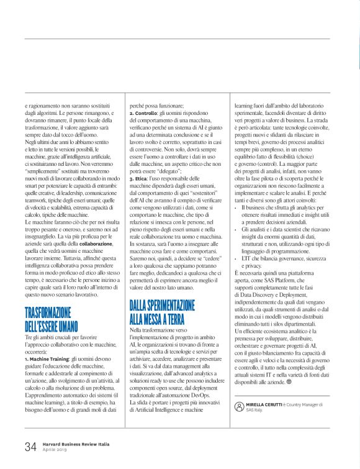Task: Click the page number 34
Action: click(x=30, y=447)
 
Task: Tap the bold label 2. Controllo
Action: click(x=145, y=114)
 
